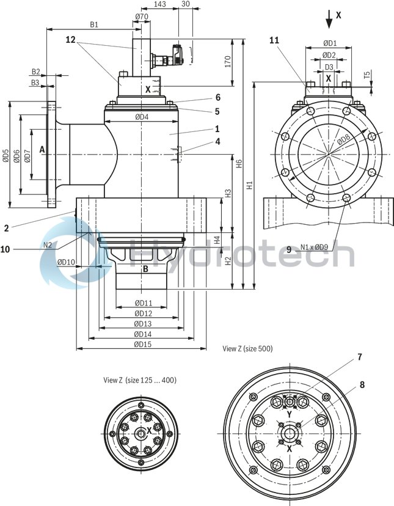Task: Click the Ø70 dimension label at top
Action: (x=141, y=16)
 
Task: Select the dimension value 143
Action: (x=159, y=4)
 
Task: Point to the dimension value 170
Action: (x=227, y=62)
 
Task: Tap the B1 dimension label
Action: (x=94, y=24)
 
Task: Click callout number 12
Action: (x=71, y=40)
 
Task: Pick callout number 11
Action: (x=274, y=40)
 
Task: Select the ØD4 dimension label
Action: (x=141, y=117)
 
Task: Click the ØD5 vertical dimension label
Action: (x=5, y=156)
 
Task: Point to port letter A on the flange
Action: (x=42, y=149)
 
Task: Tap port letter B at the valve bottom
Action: (x=145, y=268)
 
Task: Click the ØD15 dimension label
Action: (x=143, y=345)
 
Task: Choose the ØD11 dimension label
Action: (x=143, y=303)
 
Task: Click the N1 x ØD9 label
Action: (x=315, y=248)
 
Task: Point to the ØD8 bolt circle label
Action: (x=344, y=140)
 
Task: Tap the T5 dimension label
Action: (x=367, y=76)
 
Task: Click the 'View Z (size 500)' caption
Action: (x=247, y=349)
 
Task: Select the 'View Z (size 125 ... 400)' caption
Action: (x=140, y=380)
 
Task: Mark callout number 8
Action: (x=362, y=385)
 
